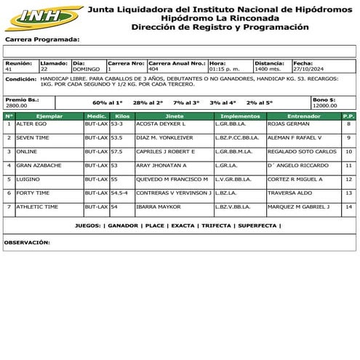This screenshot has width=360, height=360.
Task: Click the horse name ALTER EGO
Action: [31, 124]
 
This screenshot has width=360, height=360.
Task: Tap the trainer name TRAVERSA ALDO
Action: [289, 193]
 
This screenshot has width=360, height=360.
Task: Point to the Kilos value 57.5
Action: [118, 152]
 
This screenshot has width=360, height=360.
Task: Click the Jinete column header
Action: [175, 116]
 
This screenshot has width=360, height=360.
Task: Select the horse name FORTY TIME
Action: [32, 193]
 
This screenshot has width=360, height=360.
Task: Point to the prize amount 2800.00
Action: [16, 105]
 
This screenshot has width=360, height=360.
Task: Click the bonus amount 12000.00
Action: [325, 105]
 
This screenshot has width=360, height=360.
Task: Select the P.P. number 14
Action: [348, 207]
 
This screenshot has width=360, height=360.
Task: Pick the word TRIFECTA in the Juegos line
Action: [216, 225]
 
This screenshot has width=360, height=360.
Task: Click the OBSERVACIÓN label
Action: [27, 241]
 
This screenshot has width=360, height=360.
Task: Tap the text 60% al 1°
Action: [108, 103]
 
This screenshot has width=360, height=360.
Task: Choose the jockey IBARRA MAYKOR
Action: [158, 207]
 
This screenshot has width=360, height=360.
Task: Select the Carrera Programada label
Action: [42, 39]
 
